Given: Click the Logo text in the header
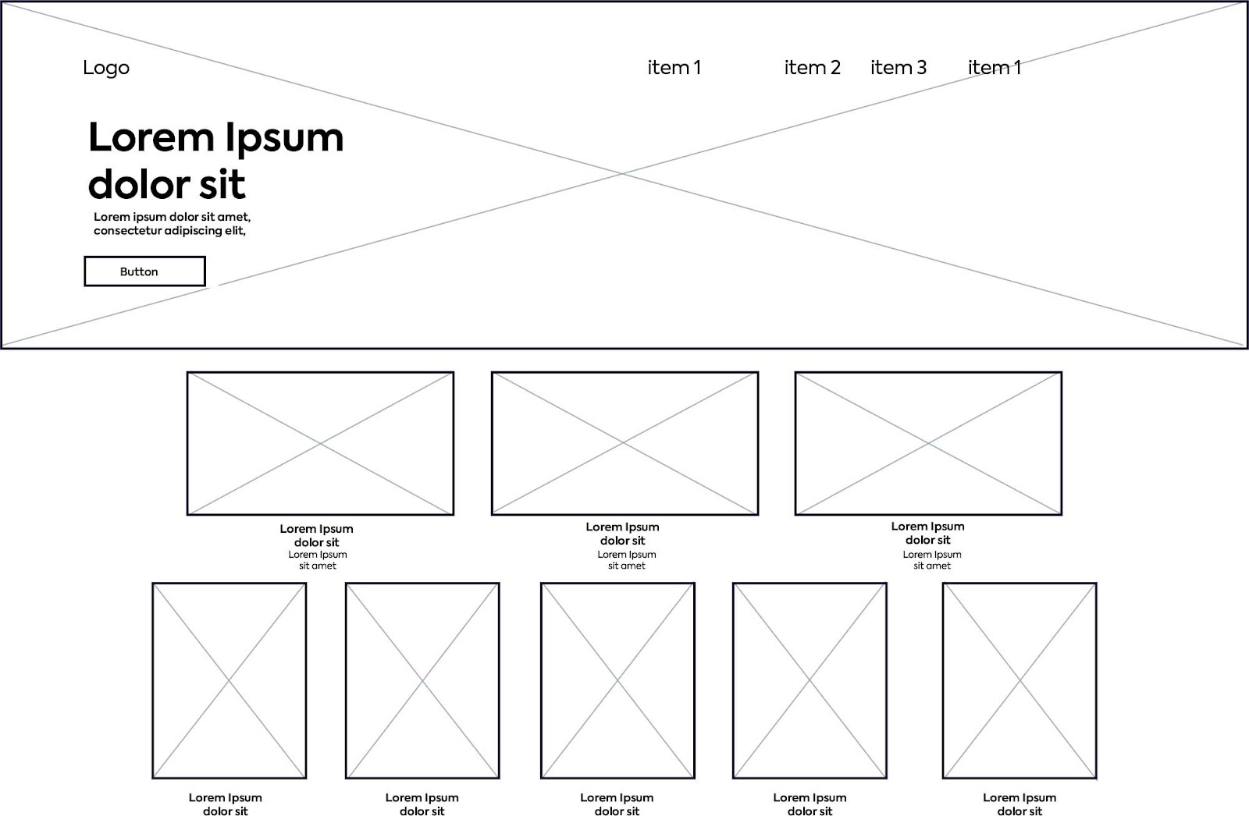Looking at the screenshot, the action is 106,68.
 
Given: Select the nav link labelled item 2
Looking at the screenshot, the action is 812,68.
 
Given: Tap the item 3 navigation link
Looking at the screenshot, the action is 898,68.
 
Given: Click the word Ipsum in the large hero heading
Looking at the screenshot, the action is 284,138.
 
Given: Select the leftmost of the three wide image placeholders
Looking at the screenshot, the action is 320,443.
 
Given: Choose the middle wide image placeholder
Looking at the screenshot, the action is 624,443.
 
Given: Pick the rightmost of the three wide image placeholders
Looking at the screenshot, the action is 928,443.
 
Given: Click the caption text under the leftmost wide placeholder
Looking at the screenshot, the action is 317,546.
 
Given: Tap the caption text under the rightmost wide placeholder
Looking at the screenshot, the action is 928,545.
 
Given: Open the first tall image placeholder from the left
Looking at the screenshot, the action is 229,680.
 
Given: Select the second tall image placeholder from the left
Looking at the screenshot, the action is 422,680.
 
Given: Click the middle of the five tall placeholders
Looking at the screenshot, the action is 617,680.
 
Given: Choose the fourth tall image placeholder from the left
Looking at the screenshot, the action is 810,680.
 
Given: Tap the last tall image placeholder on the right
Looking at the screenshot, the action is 1019,680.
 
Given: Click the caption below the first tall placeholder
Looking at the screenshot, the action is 226,804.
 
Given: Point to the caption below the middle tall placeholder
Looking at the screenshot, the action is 617,804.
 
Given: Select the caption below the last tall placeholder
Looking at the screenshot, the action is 1019,804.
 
